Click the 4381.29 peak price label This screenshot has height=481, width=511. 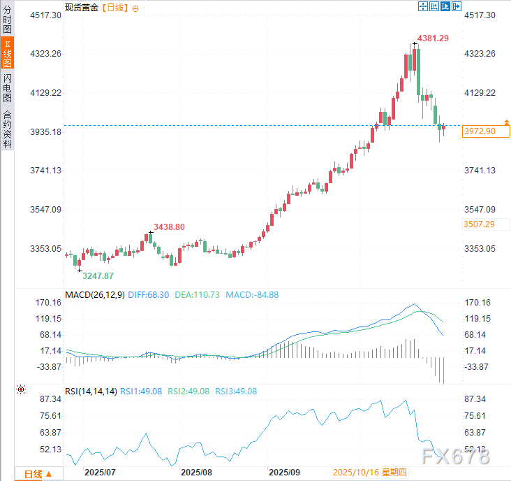pyautogui.click(x=433, y=38)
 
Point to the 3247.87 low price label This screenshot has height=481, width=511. pyautogui.click(x=98, y=276)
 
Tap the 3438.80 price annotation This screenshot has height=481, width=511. pyautogui.click(x=169, y=227)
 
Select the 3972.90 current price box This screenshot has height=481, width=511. pyautogui.click(x=479, y=131)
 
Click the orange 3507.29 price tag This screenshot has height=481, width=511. pyautogui.click(x=479, y=224)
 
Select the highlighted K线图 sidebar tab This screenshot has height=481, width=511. pyautogui.click(x=7, y=55)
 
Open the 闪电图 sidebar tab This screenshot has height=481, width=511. pyautogui.click(x=7, y=87)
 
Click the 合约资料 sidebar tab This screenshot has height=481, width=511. pyautogui.click(x=7, y=129)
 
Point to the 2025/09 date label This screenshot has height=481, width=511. pyautogui.click(x=284, y=473)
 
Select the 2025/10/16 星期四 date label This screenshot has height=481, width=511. pyautogui.click(x=370, y=473)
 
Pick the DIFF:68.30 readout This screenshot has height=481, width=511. pyautogui.click(x=148, y=295)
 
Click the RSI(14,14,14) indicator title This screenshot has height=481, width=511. pyautogui.click(x=91, y=392)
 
